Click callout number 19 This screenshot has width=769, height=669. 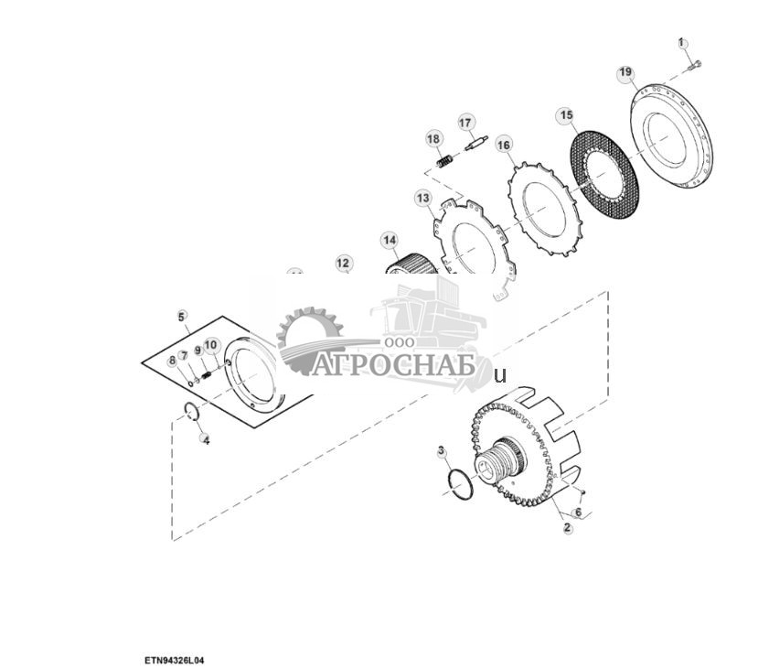(x=625, y=72)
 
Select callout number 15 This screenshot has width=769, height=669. (x=566, y=115)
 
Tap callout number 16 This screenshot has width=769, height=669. (x=504, y=145)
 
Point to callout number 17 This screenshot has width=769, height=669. (x=465, y=123)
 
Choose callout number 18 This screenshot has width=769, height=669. (x=433, y=138)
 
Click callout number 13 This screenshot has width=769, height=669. (x=422, y=198)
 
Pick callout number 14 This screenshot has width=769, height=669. (x=390, y=241)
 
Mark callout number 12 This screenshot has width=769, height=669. (x=343, y=264)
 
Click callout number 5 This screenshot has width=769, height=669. (x=182, y=316)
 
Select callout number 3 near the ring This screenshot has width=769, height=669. (x=442, y=451)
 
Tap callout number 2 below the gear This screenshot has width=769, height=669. (x=567, y=528)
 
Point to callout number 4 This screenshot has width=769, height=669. (x=206, y=440)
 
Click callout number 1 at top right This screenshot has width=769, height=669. (x=681, y=42)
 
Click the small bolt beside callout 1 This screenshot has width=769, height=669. (x=696, y=64)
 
